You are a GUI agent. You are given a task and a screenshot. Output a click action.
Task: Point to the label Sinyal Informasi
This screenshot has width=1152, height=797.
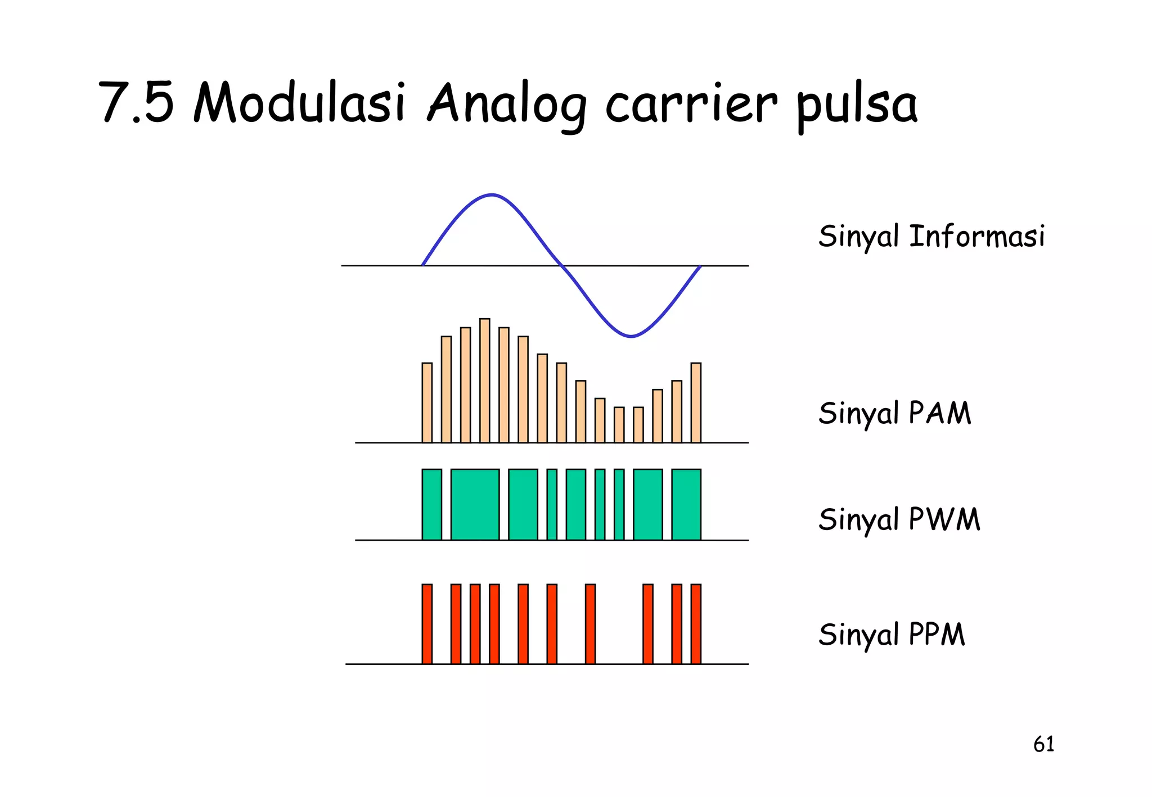point(931,236)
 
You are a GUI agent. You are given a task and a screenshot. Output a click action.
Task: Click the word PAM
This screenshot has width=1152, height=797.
point(940,413)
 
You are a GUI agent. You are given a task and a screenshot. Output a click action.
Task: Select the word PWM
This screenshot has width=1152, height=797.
point(944,519)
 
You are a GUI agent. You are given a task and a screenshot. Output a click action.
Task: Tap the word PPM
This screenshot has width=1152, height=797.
point(937,635)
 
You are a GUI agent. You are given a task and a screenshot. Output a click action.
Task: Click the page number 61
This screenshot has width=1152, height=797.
point(1043,744)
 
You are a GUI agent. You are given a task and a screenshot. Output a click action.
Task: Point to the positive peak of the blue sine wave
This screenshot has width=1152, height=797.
point(492,196)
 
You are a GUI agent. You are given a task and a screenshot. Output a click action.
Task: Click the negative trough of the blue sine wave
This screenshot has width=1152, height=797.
point(631,336)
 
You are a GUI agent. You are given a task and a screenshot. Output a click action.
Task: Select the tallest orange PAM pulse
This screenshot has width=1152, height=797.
point(484,381)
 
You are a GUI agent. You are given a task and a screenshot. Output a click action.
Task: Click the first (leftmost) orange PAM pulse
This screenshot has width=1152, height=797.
point(427,402)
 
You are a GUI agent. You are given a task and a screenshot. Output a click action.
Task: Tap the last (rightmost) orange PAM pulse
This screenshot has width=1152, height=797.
point(696,402)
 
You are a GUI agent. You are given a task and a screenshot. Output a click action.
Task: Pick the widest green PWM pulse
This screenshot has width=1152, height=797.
point(475,504)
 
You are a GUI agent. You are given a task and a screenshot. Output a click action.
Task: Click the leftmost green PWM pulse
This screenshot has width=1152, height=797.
point(431,504)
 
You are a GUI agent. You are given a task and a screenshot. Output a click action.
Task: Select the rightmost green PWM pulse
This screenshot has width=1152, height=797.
point(686,504)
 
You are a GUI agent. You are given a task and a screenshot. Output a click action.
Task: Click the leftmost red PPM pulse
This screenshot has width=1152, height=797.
point(427,624)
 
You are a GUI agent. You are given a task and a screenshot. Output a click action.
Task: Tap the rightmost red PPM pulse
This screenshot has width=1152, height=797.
point(696,624)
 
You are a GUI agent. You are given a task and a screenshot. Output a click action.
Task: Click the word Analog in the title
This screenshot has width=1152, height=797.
point(507,105)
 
